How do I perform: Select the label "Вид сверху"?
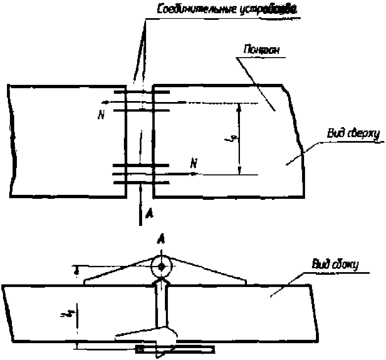(x=353, y=134)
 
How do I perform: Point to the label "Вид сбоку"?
(x=335, y=265)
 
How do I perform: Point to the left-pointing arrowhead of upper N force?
(x=103, y=102)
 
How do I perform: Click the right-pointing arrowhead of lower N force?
(x=195, y=173)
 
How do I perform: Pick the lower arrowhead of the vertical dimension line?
(x=240, y=170)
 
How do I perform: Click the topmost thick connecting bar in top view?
(x=141, y=91)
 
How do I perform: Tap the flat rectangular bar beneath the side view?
(x=175, y=349)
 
